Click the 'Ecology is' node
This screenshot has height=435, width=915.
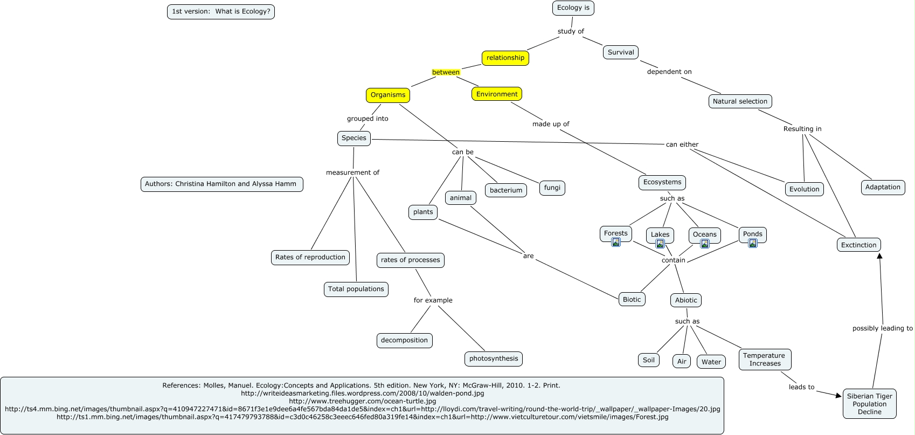[573, 8]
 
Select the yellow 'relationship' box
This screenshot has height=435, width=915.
[505, 58]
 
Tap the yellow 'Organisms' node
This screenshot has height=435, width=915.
[387, 95]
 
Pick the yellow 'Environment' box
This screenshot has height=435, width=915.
[496, 94]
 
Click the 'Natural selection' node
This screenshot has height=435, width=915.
[739, 101]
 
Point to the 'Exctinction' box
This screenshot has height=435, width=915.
[858, 245]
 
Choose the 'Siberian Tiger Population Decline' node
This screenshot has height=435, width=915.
[869, 404]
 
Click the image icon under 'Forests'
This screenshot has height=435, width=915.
[616, 242]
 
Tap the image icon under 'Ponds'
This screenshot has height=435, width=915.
[753, 243]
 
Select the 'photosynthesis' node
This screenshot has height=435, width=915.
[493, 359]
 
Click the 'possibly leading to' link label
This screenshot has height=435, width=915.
[882, 328]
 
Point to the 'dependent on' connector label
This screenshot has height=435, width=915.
[669, 72]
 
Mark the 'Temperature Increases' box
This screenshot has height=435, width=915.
[764, 360]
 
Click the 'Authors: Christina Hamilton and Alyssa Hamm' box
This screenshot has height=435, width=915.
[221, 184]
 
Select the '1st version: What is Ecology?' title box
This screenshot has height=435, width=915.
[221, 11]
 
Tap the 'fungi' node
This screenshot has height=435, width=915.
[552, 188]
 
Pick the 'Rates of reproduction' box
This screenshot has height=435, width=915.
[310, 258]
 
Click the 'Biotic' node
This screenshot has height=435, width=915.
[632, 300]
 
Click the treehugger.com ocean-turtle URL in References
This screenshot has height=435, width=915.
[362, 402]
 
